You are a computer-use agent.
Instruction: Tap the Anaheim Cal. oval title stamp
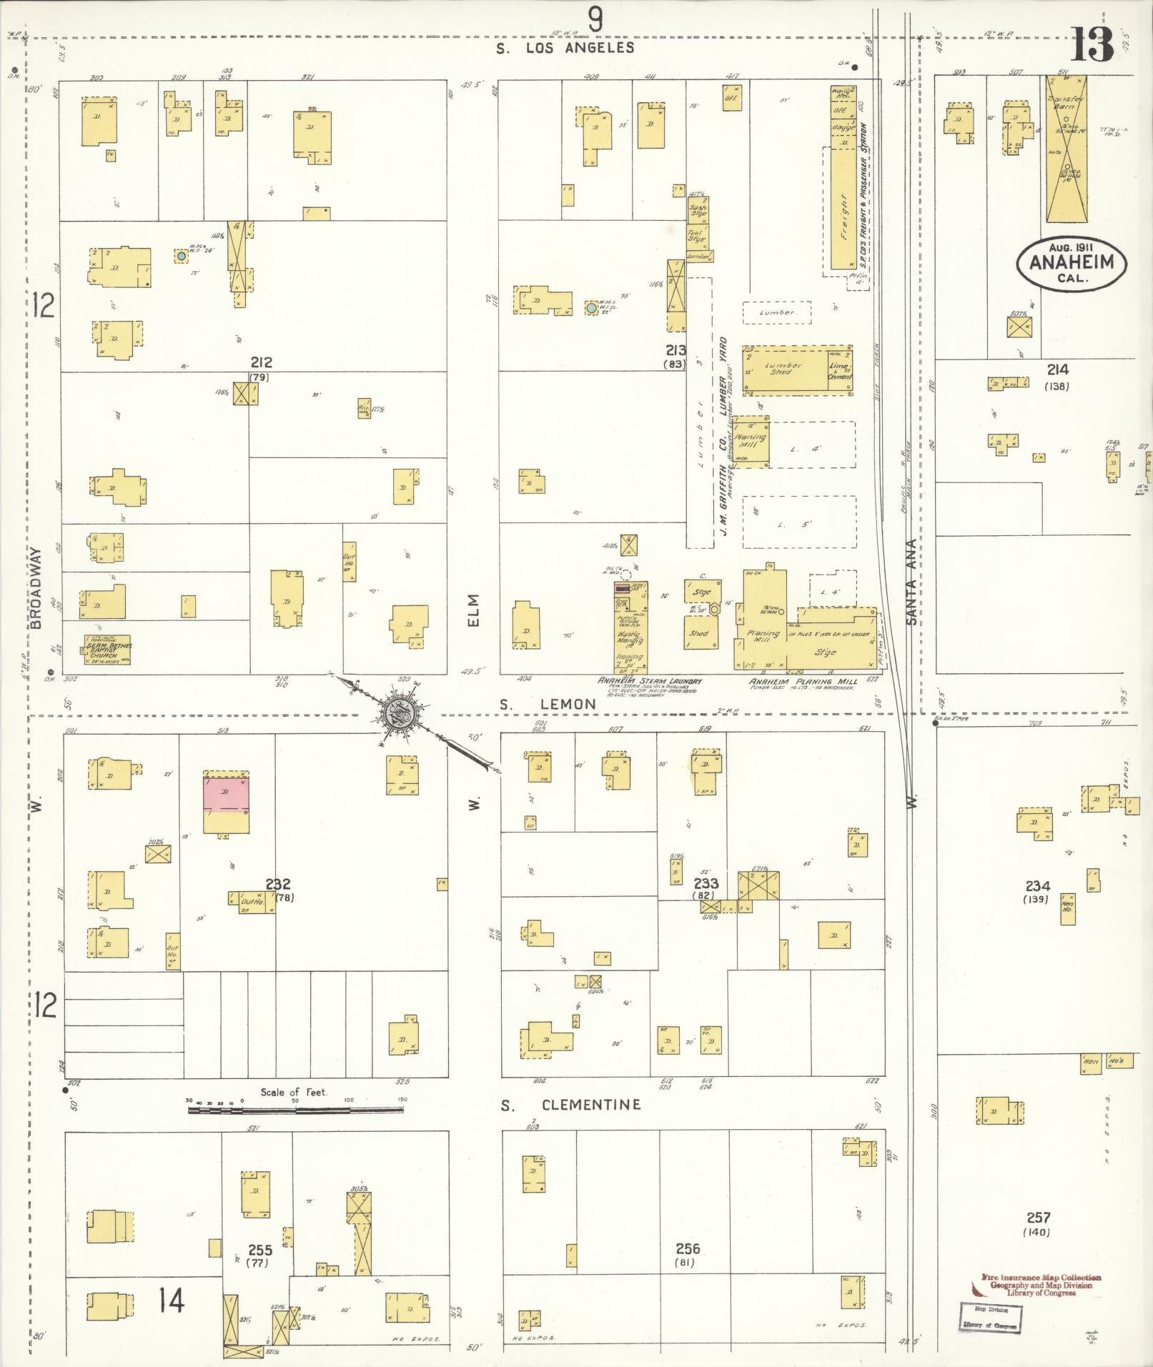coord(1070,262)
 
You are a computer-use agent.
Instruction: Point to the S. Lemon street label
coord(548,705)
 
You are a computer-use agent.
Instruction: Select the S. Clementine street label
coord(570,1105)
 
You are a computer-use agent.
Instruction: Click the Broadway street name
coord(37,588)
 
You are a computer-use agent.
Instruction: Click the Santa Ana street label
coord(912,580)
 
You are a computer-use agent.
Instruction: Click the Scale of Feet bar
coord(295,1130)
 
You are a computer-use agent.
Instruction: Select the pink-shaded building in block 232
coord(227,795)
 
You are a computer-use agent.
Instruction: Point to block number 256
coord(688,1249)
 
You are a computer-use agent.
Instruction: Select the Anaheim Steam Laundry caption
coord(650,682)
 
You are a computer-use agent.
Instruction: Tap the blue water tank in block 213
coord(591,309)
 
